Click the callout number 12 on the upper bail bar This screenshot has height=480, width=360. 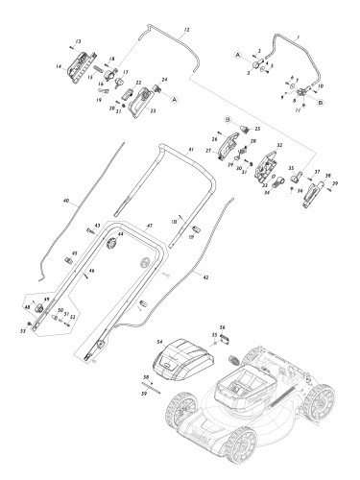tap(186, 32)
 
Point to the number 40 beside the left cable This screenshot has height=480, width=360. tap(66, 202)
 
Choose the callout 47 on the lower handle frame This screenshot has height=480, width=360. tap(149, 225)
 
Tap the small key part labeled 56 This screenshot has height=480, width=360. tap(228, 338)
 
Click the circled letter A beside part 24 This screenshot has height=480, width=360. tap(173, 98)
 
